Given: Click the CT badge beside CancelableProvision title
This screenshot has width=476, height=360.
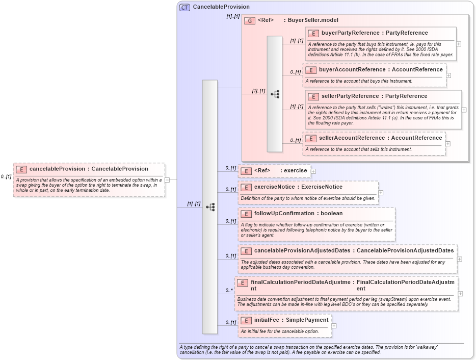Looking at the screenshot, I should coord(184,7).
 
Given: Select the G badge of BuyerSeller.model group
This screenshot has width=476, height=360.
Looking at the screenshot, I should coord(250,21).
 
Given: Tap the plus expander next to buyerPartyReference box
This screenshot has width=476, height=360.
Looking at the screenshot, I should coord(459,44).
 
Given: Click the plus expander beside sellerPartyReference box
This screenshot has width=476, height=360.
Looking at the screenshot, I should coord(464,110).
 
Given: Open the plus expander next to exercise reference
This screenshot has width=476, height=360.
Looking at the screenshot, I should coord(313,171).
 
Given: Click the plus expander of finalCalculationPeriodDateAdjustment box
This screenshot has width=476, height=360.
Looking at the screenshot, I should coord(461,294).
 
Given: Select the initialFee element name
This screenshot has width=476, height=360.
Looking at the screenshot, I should coord(270,320).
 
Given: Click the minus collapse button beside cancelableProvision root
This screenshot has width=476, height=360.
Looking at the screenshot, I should coord(174,179).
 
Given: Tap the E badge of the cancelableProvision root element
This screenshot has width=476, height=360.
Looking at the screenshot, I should coord(21,169).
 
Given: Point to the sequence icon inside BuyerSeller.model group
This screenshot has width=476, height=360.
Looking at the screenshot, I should coord(275,94).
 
